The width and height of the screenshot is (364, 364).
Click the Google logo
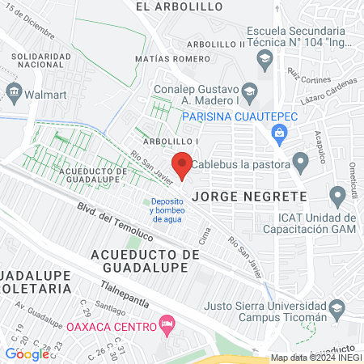(x=27, y=353)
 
